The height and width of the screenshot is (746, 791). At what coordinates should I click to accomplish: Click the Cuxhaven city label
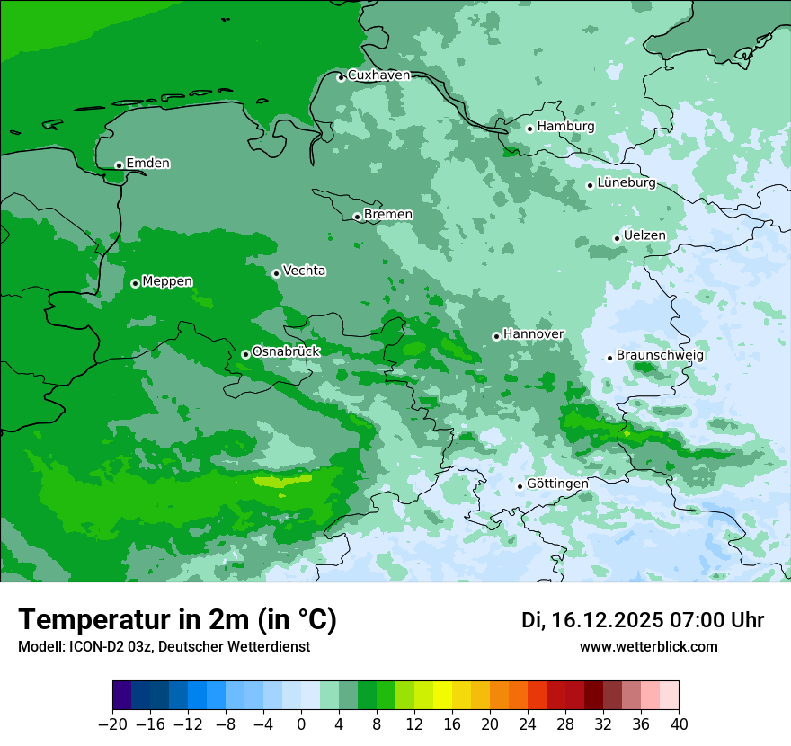(x=378, y=75)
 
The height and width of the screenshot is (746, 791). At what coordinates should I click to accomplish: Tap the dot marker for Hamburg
(x=529, y=129)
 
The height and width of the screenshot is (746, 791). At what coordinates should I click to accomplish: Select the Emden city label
(x=147, y=164)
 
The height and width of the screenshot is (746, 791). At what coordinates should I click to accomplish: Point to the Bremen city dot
(x=357, y=217)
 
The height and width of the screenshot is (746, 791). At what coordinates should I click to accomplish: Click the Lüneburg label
(x=626, y=183)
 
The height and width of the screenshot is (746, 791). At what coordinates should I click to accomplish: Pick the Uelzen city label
(x=644, y=235)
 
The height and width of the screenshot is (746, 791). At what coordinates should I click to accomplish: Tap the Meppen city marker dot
(x=135, y=283)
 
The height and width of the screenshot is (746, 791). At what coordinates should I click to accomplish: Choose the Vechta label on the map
(x=304, y=271)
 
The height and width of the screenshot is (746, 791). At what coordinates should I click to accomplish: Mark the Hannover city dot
(x=496, y=336)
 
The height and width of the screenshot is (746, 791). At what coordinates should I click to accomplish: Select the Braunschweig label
(x=660, y=355)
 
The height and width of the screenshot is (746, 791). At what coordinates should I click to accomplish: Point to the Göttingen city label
(x=557, y=484)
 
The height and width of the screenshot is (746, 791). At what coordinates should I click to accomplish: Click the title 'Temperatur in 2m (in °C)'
(x=177, y=620)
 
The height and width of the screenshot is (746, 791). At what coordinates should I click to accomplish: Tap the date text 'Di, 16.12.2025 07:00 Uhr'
(x=643, y=620)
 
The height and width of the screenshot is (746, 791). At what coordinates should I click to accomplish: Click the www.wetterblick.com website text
(x=648, y=647)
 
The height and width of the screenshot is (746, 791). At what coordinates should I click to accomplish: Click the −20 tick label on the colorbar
(x=112, y=724)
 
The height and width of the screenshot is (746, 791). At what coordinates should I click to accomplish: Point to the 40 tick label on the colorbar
(x=679, y=724)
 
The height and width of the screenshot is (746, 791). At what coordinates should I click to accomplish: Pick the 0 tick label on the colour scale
(x=301, y=724)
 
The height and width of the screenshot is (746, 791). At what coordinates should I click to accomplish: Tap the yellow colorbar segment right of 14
(x=442, y=696)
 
